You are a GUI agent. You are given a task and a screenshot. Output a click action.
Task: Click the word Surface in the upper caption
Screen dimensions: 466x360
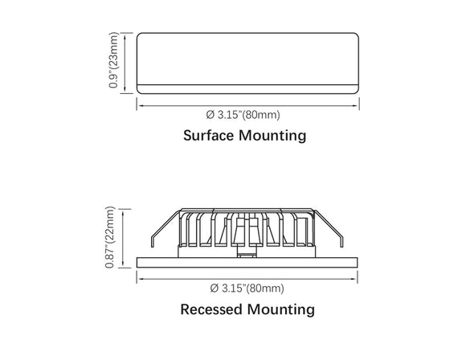(x=208, y=135)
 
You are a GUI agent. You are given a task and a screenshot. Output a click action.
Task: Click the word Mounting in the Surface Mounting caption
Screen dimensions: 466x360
(x=272, y=136)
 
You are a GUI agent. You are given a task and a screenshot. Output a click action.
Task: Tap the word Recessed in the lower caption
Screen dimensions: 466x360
(x=211, y=309)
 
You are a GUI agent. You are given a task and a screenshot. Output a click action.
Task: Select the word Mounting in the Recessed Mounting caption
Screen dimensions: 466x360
(x=281, y=310)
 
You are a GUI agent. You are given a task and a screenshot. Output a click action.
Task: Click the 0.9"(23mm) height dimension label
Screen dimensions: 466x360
(x=113, y=60)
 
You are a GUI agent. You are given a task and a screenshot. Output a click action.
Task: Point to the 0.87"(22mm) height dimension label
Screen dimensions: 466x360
(x=109, y=237)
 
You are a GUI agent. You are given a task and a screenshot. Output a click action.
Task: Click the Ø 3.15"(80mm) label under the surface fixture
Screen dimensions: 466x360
(x=243, y=114)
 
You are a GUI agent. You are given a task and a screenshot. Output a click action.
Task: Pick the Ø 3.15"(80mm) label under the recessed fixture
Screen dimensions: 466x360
(x=247, y=288)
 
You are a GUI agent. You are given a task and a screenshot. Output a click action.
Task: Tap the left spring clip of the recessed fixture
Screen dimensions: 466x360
(x=165, y=228)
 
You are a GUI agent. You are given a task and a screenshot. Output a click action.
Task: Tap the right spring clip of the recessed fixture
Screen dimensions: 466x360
(x=329, y=228)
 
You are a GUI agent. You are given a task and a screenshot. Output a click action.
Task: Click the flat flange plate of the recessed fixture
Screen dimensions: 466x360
(x=247, y=263)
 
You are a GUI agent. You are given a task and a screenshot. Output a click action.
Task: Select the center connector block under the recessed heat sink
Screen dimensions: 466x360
(x=247, y=252)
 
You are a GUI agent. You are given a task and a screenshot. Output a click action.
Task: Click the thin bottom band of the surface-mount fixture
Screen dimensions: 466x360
(x=247, y=89)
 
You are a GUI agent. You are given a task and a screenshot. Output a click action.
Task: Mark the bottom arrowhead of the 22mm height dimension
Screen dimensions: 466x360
(x=123, y=264)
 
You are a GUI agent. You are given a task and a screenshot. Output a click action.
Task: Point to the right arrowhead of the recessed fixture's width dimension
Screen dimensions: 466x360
(x=354, y=279)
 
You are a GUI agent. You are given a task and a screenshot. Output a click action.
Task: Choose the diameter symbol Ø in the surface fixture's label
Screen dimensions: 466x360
(x=211, y=114)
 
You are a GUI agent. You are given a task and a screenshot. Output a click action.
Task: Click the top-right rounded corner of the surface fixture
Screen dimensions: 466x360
(x=355, y=36)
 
